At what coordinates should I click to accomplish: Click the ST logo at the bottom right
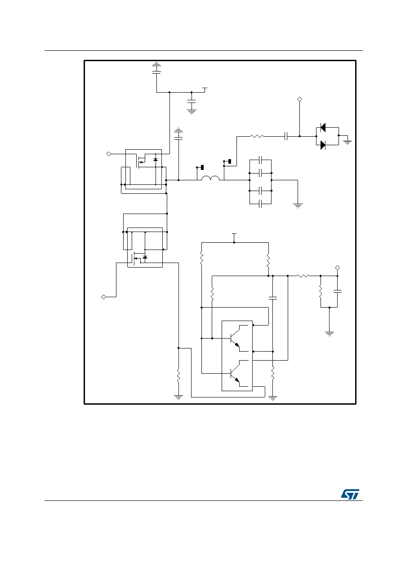tap(350, 494)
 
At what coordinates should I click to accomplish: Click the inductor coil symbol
tap(210, 178)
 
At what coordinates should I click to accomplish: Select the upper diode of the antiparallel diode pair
tap(323, 128)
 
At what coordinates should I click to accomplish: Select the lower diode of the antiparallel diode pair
tap(323, 145)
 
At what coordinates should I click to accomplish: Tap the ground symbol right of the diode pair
tap(348, 142)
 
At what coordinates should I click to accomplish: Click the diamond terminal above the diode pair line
tap(299, 99)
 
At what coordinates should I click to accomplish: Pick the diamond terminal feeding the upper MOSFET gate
tap(109, 154)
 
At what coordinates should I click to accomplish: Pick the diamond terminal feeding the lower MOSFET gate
tap(103, 297)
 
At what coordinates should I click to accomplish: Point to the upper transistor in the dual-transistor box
tap(236, 339)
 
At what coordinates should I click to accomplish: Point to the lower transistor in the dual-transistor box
tap(236, 373)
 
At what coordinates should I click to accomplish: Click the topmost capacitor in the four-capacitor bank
tap(261, 160)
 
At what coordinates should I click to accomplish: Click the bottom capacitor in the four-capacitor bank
tap(261, 204)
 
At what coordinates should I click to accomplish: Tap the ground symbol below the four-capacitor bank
tap(298, 206)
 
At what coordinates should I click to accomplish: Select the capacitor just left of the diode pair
tap(286, 136)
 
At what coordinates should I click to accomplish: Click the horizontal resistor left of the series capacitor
tap(257, 136)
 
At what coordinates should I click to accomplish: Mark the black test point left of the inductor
tap(202, 167)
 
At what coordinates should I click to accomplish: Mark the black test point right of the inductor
tap(230, 161)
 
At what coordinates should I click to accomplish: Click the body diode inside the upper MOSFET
tap(156, 160)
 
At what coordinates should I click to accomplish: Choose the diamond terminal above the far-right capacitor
tap(337, 268)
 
